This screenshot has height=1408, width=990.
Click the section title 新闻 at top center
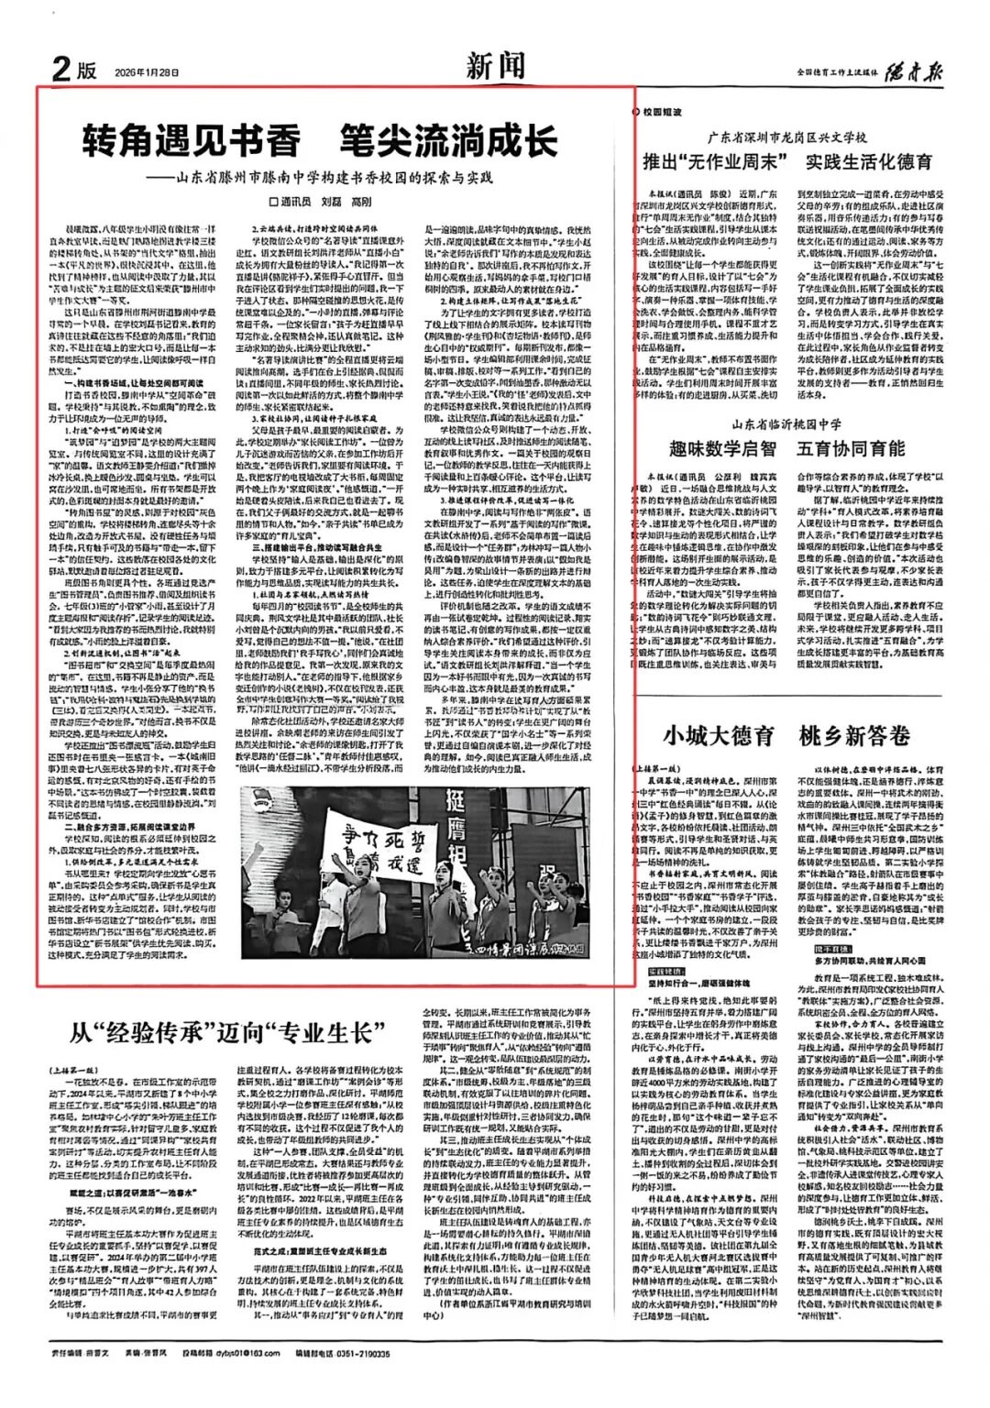(x=496, y=65)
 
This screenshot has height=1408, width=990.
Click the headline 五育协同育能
(x=852, y=449)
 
